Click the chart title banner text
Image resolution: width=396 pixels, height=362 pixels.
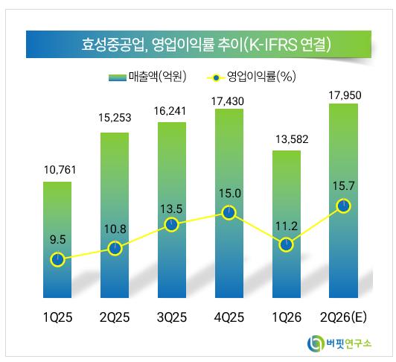[206, 45]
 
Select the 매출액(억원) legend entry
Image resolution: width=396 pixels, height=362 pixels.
[147, 76]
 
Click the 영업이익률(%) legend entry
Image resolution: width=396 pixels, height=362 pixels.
[251, 76]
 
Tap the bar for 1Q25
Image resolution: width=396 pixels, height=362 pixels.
[57, 240]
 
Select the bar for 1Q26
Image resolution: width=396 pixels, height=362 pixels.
[287, 224]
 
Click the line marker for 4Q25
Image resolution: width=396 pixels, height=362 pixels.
[229, 213]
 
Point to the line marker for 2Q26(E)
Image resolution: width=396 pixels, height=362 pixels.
[343, 206]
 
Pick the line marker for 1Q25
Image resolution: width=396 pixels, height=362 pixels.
[57, 259]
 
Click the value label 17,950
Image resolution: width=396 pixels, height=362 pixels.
[345, 95]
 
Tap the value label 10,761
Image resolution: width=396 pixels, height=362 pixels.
[60, 170]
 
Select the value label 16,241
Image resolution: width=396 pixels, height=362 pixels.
[170, 111]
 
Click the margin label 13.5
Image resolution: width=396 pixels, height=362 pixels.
[171, 209]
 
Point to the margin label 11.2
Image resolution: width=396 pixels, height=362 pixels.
[287, 226]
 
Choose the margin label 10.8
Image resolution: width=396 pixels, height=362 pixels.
[115, 229]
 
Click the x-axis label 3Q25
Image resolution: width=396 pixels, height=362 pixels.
[172, 317]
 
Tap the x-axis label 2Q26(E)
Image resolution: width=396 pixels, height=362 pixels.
[343, 317]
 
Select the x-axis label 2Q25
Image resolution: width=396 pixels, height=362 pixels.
[115, 317]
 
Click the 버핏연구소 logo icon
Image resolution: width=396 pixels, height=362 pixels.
[316, 343]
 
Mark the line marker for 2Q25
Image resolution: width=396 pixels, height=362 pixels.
[115, 249]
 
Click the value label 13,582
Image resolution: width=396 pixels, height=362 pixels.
[292, 139]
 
